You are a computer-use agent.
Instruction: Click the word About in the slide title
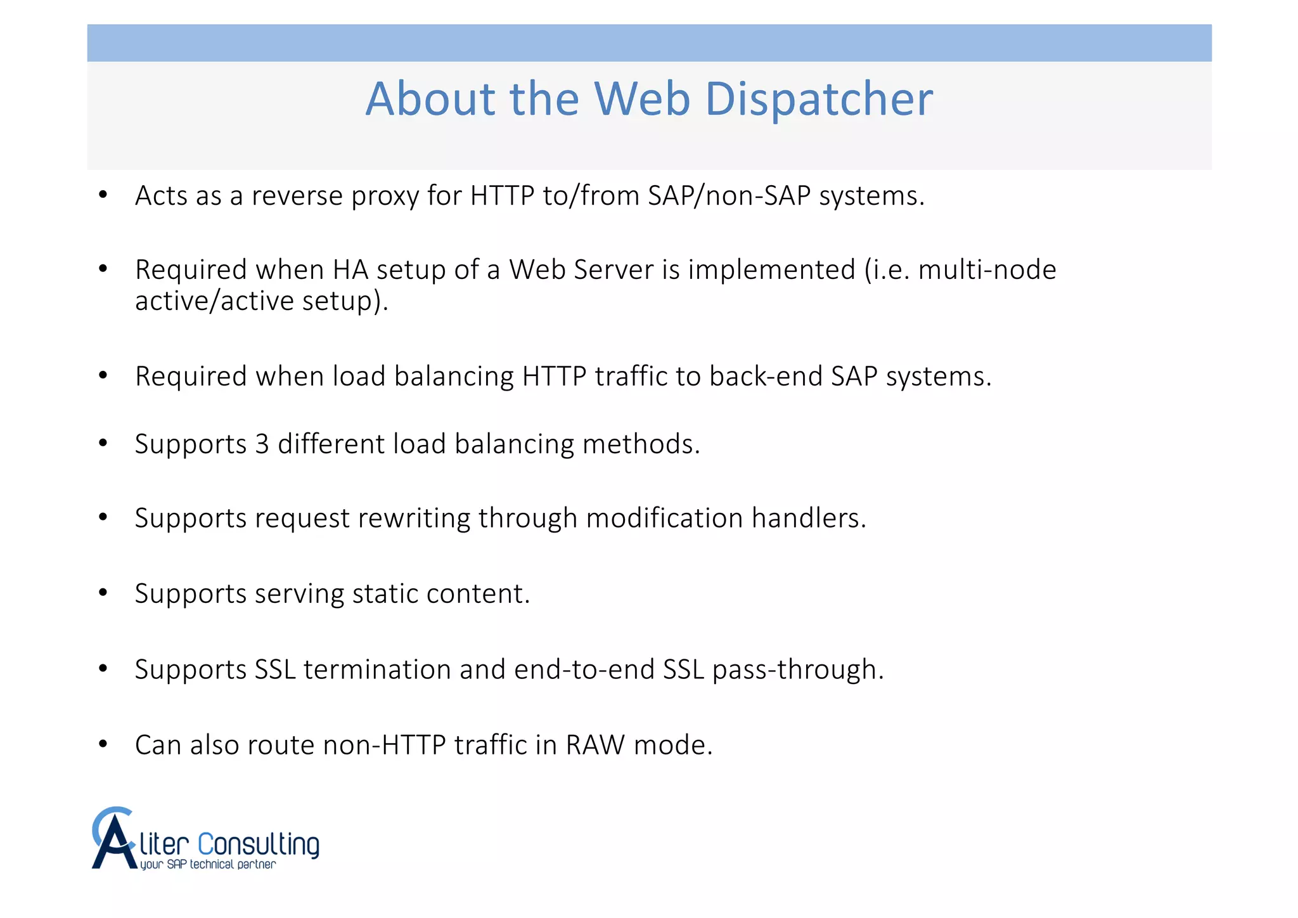pos(430,99)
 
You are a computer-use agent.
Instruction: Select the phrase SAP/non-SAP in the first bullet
pos(729,195)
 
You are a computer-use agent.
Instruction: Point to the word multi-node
pos(987,270)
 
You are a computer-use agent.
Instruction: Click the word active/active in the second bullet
pos(214,301)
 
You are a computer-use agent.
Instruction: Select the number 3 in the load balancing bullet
pos(262,444)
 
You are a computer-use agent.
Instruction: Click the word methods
pos(641,444)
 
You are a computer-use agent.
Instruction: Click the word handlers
pos(808,518)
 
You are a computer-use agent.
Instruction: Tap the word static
pos(385,594)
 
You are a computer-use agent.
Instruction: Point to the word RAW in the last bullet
pos(595,745)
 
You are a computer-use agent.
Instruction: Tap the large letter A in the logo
pos(114,841)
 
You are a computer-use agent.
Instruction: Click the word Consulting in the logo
pos(259,845)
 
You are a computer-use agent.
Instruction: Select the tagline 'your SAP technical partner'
pos(208,865)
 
